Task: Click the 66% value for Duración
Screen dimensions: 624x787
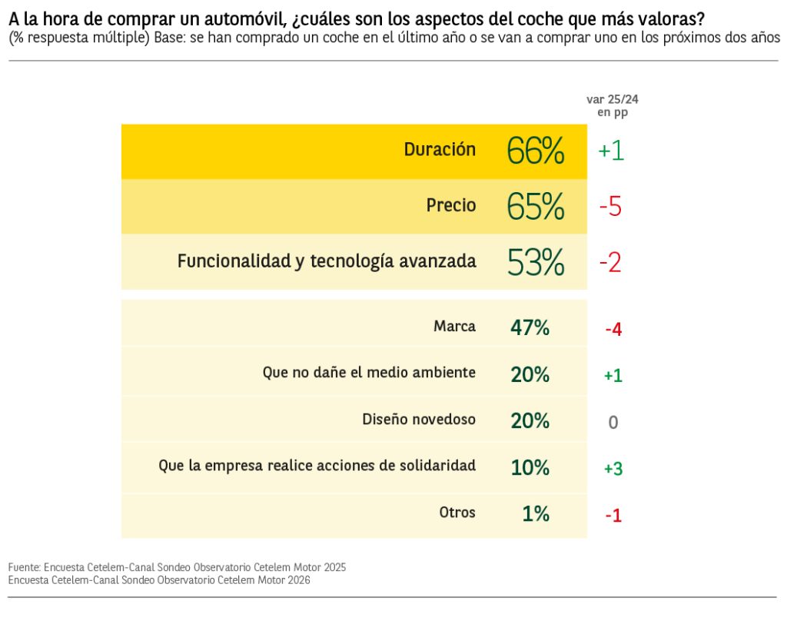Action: [x=536, y=151]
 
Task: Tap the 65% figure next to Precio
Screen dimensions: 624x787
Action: [x=536, y=207]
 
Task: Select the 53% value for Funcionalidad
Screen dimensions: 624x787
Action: [x=536, y=262]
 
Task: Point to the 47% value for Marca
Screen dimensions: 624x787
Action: [x=530, y=328]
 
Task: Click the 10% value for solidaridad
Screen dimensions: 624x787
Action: [x=530, y=467]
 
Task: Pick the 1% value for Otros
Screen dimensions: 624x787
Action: [x=535, y=513]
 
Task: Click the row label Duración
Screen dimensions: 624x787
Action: [x=440, y=150]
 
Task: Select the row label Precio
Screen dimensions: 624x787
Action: [x=451, y=205]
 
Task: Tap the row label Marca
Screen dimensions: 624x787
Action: [x=454, y=327]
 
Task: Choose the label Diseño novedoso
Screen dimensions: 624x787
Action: [x=419, y=420]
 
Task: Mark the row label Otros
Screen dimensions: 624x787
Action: [x=457, y=513]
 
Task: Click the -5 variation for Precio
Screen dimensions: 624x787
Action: [x=610, y=207]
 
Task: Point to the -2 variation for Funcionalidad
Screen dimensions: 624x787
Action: [x=610, y=263]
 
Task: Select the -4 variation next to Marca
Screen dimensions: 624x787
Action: [x=613, y=330]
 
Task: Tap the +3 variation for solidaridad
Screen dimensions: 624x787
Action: [x=613, y=468]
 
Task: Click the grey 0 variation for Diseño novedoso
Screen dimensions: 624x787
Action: [x=613, y=423]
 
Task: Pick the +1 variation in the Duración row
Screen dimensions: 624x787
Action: [x=611, y=151]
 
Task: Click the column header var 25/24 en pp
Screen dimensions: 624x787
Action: [x=612, y=106]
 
